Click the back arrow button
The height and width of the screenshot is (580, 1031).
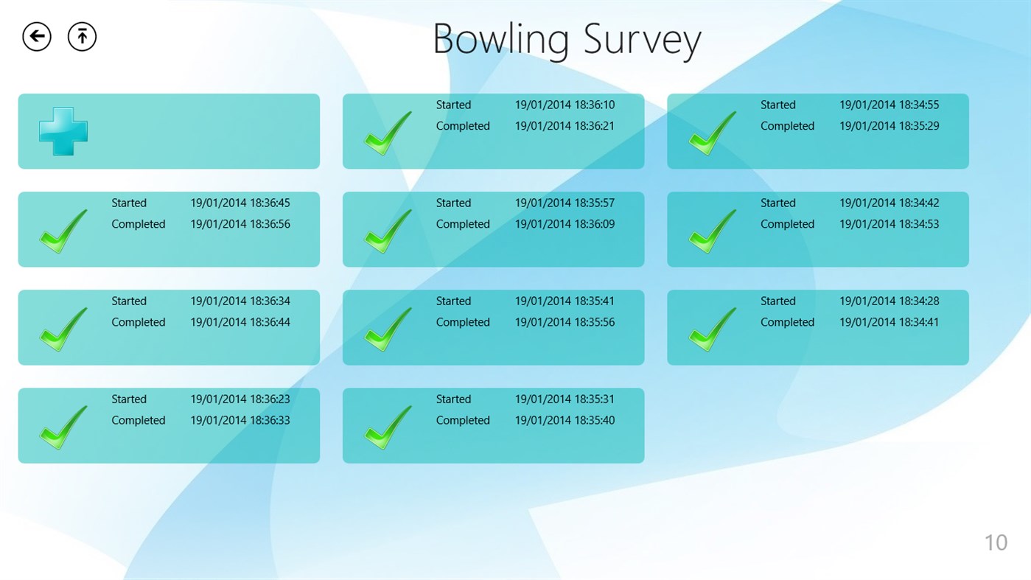(37, 36)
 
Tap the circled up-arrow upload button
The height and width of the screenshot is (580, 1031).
(82, 36)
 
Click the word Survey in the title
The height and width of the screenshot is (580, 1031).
(642, 40)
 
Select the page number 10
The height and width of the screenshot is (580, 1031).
(996, 542)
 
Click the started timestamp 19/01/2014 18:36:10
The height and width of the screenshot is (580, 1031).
(565, 105)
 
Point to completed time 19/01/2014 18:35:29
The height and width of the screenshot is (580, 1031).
(889, 126)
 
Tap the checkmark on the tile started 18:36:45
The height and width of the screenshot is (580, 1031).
(63, 231)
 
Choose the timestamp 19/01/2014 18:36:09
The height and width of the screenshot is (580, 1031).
(565, 224)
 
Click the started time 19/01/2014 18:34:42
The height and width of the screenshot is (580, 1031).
(889, 203)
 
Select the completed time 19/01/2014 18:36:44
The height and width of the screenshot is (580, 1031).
(240, 322)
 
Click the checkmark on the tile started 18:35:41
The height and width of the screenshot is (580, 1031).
(388, 329)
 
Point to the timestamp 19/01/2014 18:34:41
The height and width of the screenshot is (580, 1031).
(889, 322)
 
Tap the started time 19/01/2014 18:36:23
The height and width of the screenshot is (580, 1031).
(240, 399)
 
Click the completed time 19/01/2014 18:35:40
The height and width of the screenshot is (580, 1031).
(565, 420)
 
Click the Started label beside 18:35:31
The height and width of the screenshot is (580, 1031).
(453, 399)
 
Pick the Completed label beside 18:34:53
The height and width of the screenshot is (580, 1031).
(787, 224)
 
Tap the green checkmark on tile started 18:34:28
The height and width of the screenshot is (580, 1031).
(712, 329)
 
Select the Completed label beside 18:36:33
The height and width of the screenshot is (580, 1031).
(138, 420)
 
